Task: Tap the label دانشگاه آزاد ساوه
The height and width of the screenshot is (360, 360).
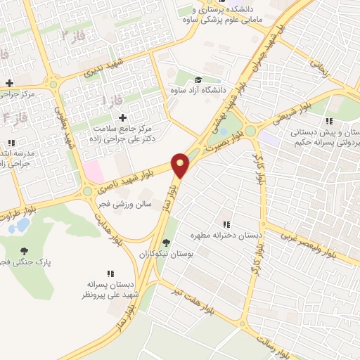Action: (198, 90)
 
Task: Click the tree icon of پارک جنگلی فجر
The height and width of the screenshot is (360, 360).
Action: (25, 251)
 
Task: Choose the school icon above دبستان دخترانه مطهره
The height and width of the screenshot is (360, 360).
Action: (227, 224)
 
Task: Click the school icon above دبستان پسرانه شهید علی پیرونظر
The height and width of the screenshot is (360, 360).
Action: (110, 274)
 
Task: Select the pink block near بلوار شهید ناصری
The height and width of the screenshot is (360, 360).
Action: (93, 169)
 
